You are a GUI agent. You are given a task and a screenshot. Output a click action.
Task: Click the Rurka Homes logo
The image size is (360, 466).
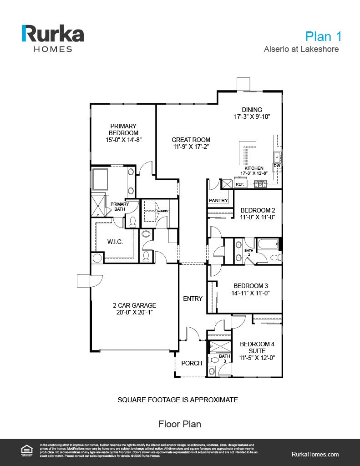pyautogui.click(x=53, y=38)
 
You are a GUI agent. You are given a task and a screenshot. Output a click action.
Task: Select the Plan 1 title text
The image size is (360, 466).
pyautogui.click(x=323, y=36)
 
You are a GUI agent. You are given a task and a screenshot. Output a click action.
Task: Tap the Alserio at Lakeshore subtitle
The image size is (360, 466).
pyautogui.click(x=301, y=49)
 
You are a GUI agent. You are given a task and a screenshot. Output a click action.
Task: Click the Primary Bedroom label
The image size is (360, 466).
pyautogui.click(x=123, y=129)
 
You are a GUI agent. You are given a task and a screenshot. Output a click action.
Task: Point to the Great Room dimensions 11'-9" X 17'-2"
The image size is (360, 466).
pyautogui.click(x=191, y=147)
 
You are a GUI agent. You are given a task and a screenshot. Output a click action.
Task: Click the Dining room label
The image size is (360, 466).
pyautogui.click(x=252, y=110)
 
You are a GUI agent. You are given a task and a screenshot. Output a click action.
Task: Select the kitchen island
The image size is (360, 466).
pyautogui.click(x=247, y=154)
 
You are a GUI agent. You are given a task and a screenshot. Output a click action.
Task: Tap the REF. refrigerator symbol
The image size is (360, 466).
pyautogui.click(x=240, y=184)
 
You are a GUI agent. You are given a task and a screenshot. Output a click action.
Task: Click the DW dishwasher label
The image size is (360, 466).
pyautogui.click(x=277, y=166)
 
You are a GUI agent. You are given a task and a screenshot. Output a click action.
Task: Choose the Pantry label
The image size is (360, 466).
pyautogui.click(x=218, y=200)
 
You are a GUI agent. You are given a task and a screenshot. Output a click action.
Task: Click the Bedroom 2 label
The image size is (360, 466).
pyautogui.click(x=258, y=210)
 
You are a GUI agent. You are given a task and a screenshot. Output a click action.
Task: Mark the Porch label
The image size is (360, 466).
pyautogui.click(x=192, y=363)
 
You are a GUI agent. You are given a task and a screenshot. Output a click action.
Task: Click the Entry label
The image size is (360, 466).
pyautogui.click(x=193, y=299)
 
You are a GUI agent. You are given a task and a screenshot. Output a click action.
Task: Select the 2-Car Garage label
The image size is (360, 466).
pyautogui.click(x=134, y=305)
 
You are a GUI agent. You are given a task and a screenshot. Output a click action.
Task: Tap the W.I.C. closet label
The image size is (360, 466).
pyautogui.click(x=115, y=242)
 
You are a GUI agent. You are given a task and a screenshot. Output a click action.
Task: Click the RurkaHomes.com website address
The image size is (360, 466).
pyautogui.click(x=314, y=454)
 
